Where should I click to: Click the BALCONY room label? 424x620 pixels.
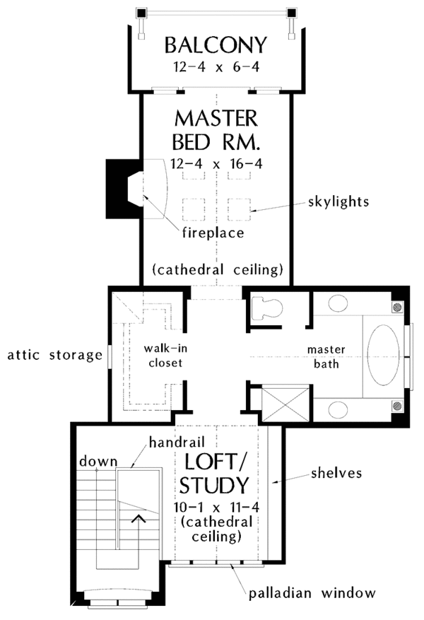coord(216,45)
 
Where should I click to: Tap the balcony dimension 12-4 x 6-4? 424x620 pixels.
coord(216,69)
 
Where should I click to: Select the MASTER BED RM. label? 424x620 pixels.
coord(216,129)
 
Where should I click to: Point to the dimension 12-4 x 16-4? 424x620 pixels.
coord(216,165)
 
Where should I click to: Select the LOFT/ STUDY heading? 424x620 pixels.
coord(216,474)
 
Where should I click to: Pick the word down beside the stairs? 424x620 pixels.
coord(98,462)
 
